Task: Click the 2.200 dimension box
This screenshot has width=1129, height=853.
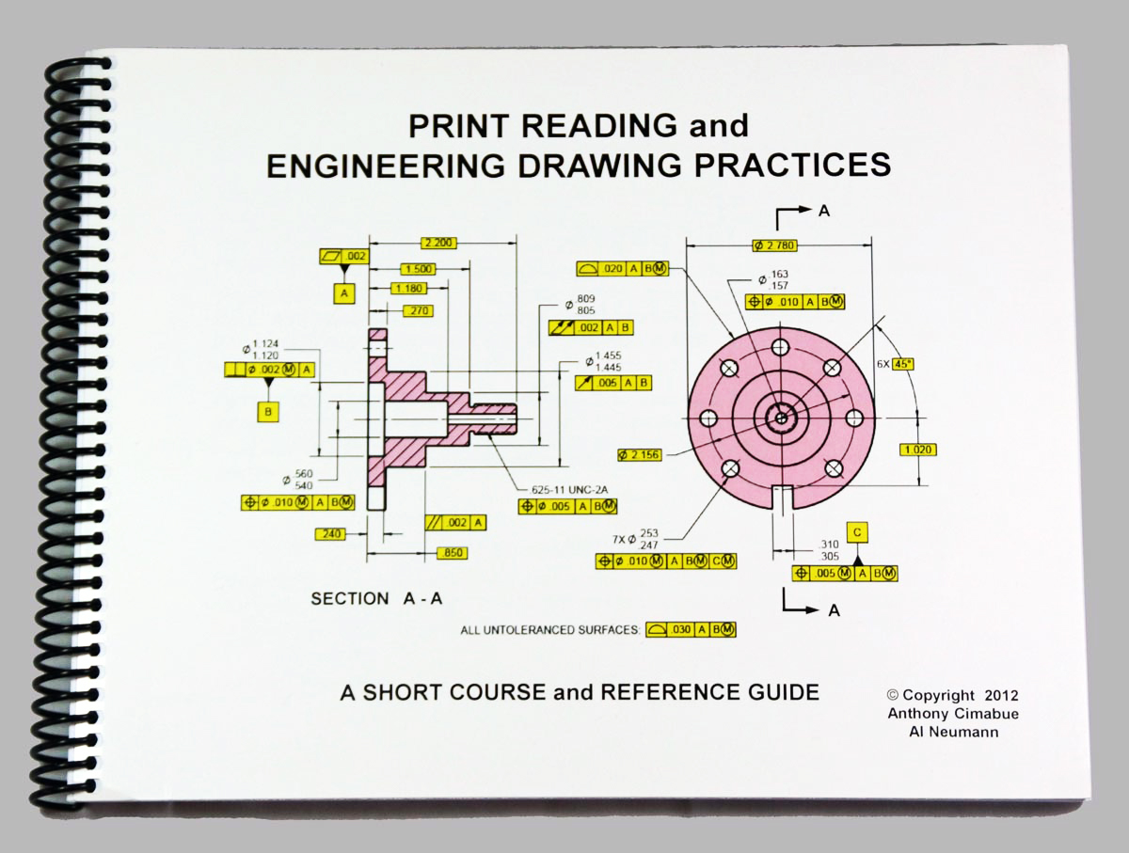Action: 439,243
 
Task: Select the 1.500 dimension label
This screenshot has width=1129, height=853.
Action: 417,268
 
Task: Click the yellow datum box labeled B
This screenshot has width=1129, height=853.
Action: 269,410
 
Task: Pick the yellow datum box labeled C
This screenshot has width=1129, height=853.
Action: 856,532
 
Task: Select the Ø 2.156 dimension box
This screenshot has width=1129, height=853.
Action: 640,454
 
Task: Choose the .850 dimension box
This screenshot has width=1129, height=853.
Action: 453,553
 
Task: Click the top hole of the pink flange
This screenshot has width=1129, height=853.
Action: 780,346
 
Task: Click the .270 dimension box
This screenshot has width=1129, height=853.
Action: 415,309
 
